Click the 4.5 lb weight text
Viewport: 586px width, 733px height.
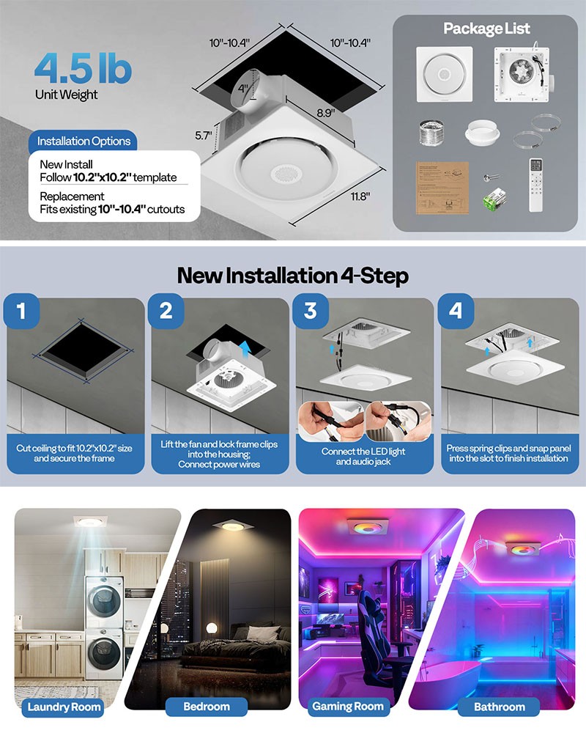(x=82, y=68)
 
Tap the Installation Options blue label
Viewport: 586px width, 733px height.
(x=84, y=141)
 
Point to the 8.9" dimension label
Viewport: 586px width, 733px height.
(x=326, y=113)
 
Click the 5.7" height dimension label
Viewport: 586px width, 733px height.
(x=204, y=136)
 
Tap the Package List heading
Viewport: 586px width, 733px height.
(x=486, y=29)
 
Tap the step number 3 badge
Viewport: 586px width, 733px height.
(x=311, y=310)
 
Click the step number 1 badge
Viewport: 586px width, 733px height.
(x=21, y=310)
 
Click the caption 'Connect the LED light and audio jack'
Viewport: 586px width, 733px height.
(x=364, y=457)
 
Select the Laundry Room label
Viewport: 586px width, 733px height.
(x=64, y=707)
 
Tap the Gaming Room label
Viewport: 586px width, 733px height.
(x=348, y=707)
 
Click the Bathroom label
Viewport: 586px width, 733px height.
(x=500, y=707)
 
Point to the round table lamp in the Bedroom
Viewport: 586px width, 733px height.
(x=212, y=628)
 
